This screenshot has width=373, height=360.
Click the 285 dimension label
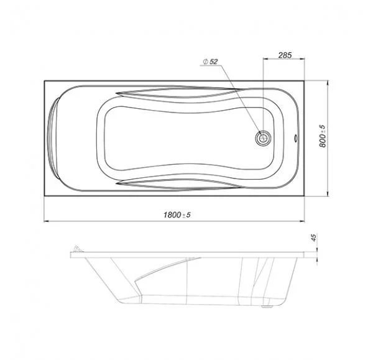285,55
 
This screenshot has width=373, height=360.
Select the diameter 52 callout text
210,62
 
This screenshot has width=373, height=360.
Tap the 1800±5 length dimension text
177,215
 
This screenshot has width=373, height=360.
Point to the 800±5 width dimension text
323,136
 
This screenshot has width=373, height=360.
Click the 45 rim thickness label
314,238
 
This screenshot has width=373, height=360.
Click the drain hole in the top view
263,138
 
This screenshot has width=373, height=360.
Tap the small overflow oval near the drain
296,138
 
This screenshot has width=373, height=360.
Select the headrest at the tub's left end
53,138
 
